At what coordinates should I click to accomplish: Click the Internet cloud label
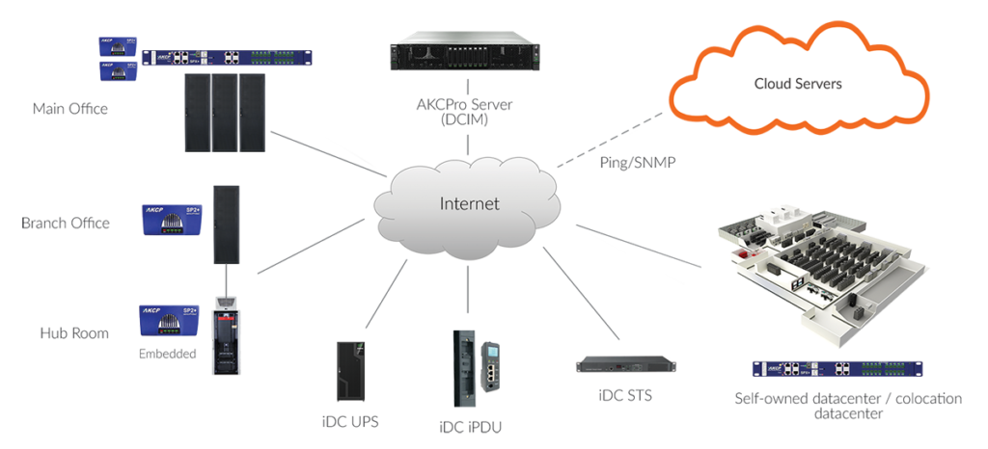[x=470, y=204]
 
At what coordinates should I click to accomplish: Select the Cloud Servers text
[x=797, y=84]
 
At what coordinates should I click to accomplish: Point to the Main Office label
[x=70, y=109]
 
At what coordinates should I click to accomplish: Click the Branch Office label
[x=66, y=224]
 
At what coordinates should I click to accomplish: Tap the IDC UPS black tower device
[x=348, y=372]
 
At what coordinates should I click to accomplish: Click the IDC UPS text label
[x=350, y=422]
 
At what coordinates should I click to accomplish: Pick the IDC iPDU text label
[x=469, y=426]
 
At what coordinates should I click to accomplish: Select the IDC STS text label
[x=617, y=396]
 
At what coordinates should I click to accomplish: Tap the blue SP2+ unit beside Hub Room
[x=169, y=322]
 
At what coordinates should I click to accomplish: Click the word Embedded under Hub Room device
[x=168, y=354]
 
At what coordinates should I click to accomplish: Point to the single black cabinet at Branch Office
[x=226, y=224]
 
